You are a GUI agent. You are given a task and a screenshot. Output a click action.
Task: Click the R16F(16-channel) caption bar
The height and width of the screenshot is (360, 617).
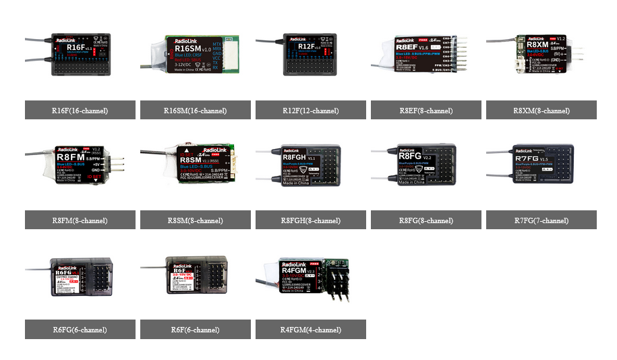pyautogui.click(x=80, y=111)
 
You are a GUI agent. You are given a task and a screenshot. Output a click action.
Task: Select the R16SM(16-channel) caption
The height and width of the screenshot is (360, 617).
pyautogui.click(x=196, y=111)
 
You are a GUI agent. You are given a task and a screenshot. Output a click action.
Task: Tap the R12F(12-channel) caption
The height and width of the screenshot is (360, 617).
pyautogui.click(x=311, y=111)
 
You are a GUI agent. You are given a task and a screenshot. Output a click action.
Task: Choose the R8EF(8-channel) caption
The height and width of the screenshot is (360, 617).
pyautogui.click(x=426, y=111)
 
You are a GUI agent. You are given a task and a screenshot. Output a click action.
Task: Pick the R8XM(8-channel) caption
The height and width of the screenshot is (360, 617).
pyautogui.click(x=541, y=111)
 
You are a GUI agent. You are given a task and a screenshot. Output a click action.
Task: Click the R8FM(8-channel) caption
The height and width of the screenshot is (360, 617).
pyautogui.click(x=80, y=220)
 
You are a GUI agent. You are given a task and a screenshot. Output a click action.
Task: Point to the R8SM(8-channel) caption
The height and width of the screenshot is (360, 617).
pyautogui.click(x=196, y=220)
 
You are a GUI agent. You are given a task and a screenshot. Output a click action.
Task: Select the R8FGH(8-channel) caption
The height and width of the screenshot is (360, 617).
pyautogui.click(x=311, y=220)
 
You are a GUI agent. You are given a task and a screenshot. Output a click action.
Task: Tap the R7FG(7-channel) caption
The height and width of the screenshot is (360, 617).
pyautogui.click(x=541, y=220)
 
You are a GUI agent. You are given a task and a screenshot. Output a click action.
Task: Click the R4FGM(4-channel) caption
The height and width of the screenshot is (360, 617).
pyautogui.click(x=311, y=330)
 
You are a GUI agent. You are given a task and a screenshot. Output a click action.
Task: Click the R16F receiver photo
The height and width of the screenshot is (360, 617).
pyautogui.click(x=79, y=53)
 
